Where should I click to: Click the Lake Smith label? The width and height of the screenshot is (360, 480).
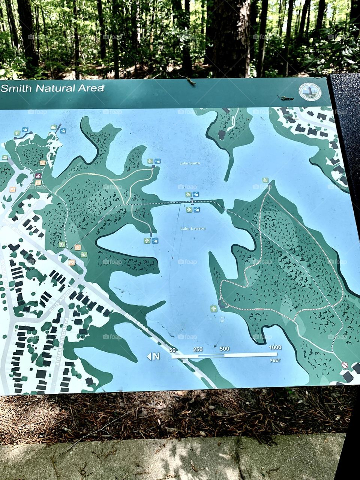click(189, 163)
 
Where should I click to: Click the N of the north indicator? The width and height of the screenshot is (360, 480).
click(156, 357)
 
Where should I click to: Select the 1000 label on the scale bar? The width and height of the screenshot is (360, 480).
click(275, 348)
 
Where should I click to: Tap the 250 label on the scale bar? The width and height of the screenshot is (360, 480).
click(198, 349)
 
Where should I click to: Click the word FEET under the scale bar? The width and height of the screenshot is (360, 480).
click(275, 360)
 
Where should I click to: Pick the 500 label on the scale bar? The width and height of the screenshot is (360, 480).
click(224, 349)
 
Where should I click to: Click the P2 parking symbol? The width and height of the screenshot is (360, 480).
click(72, 263)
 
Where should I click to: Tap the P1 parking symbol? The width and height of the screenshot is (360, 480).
click(13, 189)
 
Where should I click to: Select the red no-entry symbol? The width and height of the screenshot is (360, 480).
click(345, 365)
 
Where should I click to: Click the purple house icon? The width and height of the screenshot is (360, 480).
click(38, 175)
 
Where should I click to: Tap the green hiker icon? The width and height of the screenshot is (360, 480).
click(61, 244)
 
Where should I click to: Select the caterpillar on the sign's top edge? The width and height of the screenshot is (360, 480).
click(187, 80)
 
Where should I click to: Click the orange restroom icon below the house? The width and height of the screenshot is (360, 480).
click(38, 182)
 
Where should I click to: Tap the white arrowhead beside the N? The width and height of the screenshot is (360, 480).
click(149, 357)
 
